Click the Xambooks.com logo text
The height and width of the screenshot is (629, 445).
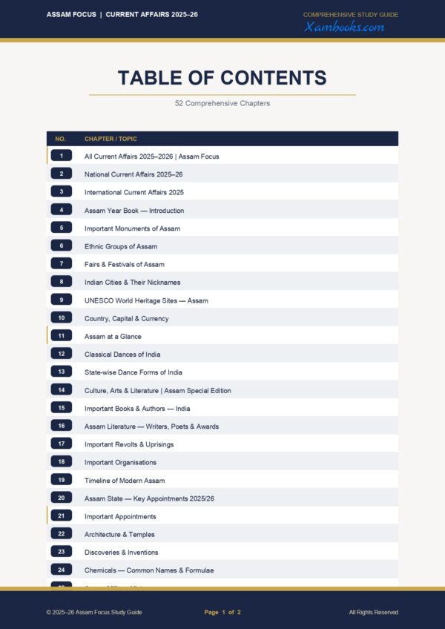344,27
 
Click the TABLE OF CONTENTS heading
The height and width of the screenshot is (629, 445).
222,78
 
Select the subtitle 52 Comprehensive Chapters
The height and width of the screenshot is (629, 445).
222,103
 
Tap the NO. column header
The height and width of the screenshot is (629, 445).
61,139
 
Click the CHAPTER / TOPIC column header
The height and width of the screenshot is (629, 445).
111,139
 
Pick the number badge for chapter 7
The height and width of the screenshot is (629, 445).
62,264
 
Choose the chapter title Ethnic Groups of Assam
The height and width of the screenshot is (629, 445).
121,246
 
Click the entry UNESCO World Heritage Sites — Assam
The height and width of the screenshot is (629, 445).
146,300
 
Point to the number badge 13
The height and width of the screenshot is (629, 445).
62,372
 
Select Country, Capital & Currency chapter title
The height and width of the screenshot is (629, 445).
127,318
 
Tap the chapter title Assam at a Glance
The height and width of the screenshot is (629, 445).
113,336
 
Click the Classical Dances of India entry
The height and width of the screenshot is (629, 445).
122,355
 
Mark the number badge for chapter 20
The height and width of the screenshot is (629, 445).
62,498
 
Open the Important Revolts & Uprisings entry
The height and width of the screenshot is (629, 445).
129,444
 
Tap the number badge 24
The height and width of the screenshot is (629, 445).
62,570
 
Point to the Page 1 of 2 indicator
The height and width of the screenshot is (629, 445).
222,612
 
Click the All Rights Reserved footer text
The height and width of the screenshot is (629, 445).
373,612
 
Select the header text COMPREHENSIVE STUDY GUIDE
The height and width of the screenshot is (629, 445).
351,15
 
